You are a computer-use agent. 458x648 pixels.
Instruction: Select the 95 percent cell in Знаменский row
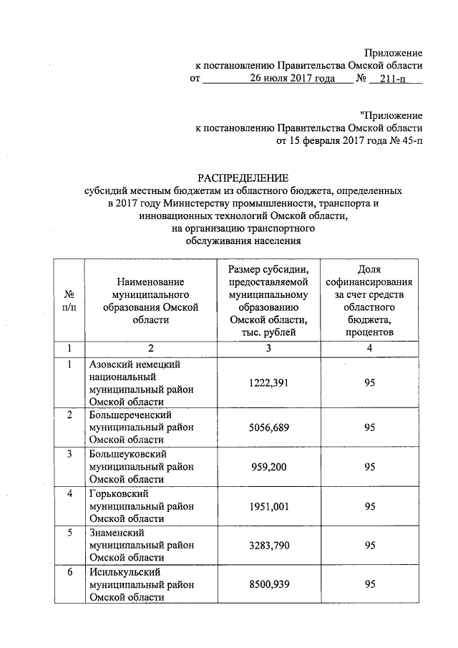point(369,546)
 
